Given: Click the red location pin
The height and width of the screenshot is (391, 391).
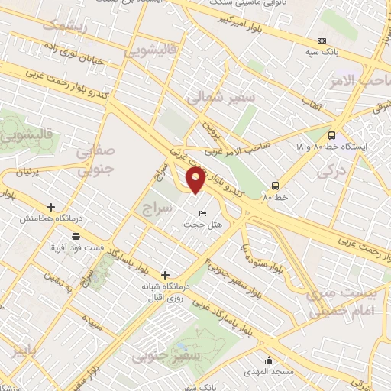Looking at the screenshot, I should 196,179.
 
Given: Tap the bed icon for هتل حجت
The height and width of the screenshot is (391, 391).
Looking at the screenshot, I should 202,212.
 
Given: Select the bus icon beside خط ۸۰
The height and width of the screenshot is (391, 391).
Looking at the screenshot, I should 275,185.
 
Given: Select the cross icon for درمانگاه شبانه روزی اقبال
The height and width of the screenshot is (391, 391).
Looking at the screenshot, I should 165,274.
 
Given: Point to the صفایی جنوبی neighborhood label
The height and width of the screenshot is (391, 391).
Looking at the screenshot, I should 100,160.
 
